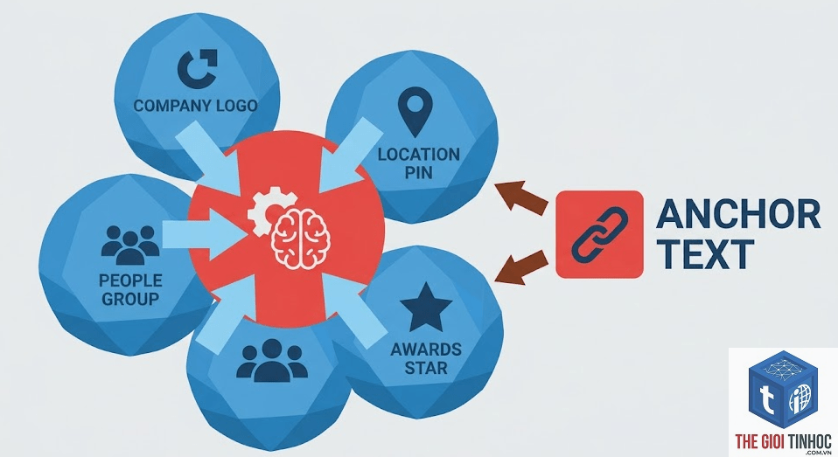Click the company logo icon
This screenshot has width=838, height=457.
tap(196, 69)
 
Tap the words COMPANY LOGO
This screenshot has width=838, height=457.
tap(196, 106)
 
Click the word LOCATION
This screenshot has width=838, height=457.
tap(419, 155)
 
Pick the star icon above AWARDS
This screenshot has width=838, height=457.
tap(426, 308)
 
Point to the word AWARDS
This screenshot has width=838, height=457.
tap(426, 350)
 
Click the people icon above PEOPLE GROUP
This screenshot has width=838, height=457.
tap(130, 246)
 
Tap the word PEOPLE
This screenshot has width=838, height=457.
tap(130, 280)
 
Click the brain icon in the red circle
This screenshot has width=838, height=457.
tap(301, 238)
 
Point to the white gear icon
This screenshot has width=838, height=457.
tap(266, 212)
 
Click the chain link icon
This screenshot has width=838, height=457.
tap(600, 234)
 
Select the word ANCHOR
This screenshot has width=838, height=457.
tap(738, 214)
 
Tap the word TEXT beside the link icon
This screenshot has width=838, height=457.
tap(705, 254)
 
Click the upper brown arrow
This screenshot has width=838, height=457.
tap(521, 197)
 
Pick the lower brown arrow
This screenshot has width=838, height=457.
tap(521, 267)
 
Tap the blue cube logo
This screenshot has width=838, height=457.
tap(784, 391)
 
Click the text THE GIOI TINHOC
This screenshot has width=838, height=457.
tap(783, 441)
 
